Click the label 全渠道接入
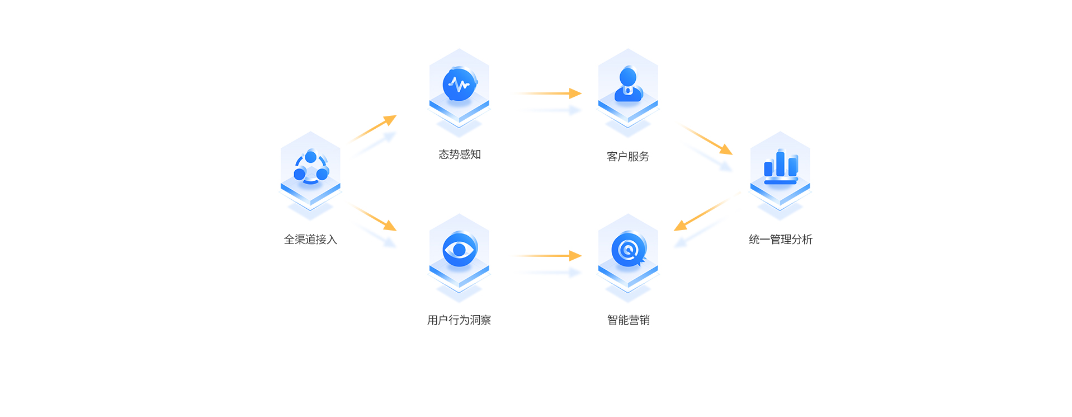click(310, 240)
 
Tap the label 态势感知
click(460, 154)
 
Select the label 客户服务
click(628, 157)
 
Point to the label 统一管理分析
click(780, 240)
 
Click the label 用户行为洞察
click(459, 320)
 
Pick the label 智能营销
click(629, 320)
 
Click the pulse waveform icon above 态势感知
click(459, 85)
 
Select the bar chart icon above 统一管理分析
click(781, 166)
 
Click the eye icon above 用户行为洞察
click(459, 250)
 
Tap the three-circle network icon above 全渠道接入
click(311, 167)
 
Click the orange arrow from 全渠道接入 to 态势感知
click(374, 128)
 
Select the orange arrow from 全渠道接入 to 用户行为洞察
click(374, 218)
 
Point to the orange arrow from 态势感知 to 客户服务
click(550, 93)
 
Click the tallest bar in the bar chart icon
click(780, 163)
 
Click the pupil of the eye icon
click(459, 250)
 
